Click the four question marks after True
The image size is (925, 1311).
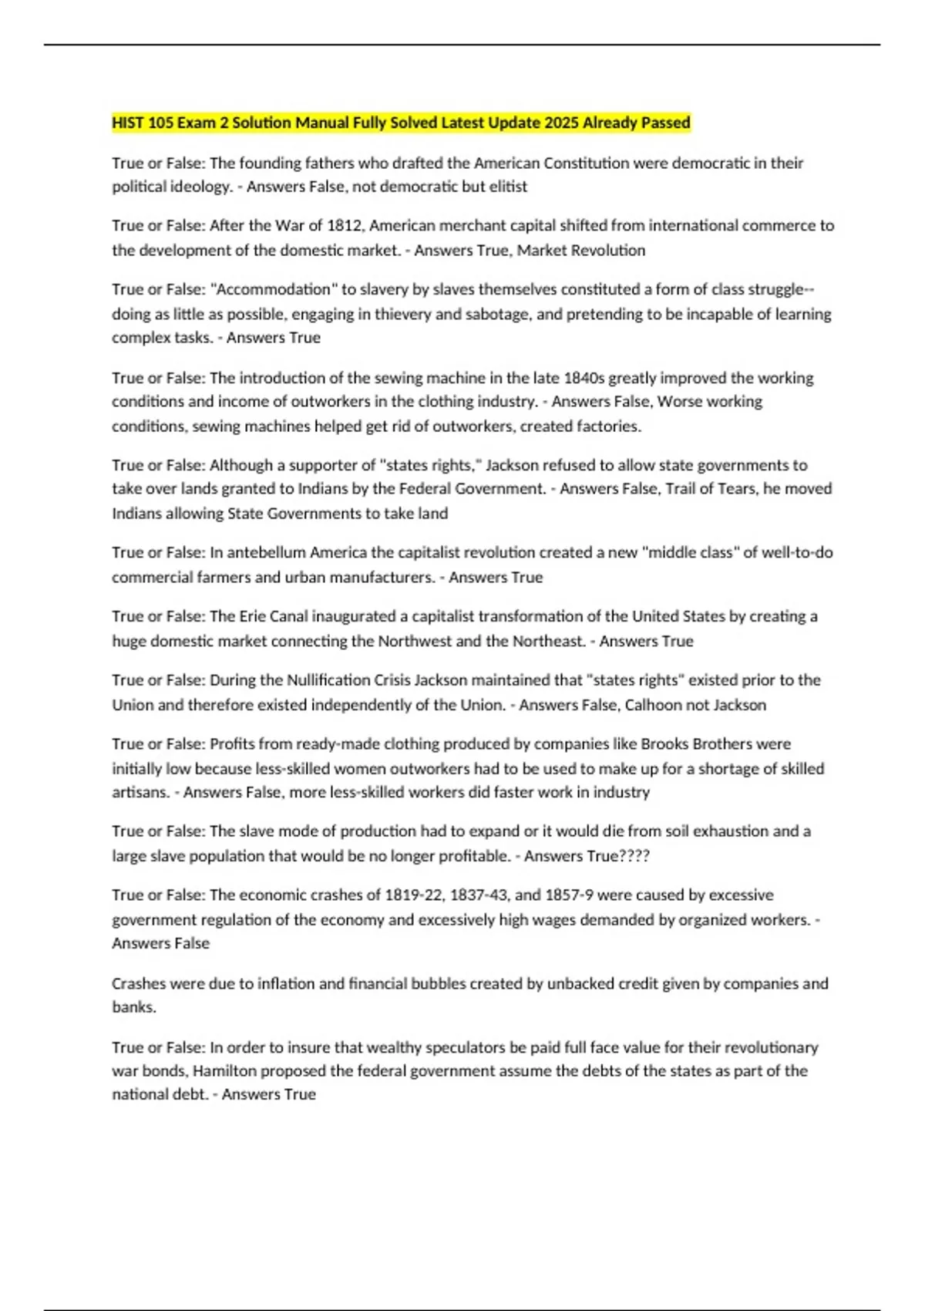(x=634, y=856)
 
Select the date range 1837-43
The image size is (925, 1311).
(x=477, y=895)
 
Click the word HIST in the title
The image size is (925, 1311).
(x=128, y=123)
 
